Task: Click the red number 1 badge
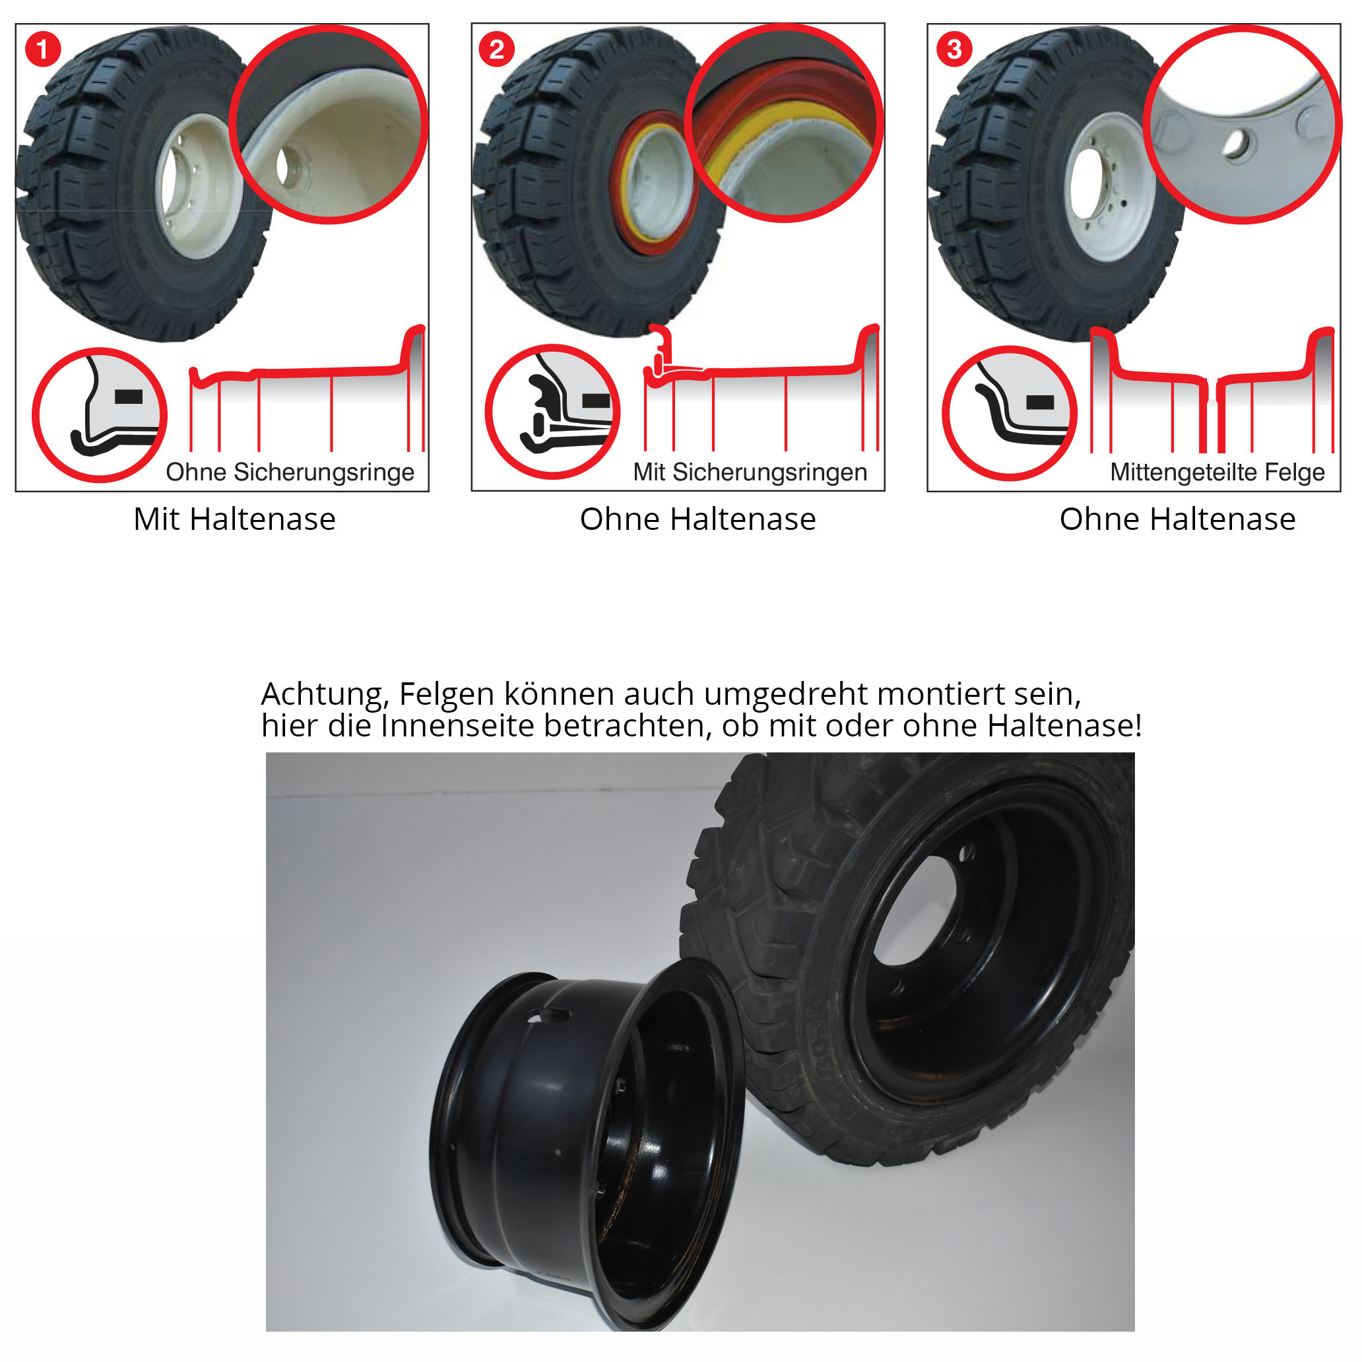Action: coord(43,49)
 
